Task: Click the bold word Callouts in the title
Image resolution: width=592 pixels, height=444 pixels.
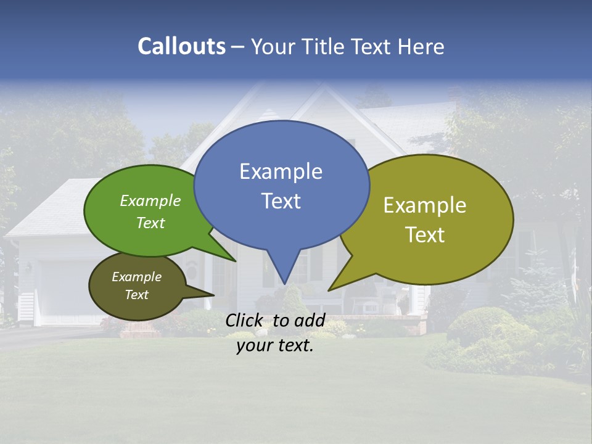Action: click(181, 46)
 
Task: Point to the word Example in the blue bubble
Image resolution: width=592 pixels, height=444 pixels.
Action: click(281, 171)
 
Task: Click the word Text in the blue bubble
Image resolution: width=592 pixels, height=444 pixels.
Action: click(281, 201)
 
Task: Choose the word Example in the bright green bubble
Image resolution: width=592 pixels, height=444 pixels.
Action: click(150, 201)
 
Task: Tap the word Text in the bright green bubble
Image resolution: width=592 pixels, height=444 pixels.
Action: click(150, 223)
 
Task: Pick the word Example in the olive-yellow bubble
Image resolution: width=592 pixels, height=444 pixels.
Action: click(425, 205)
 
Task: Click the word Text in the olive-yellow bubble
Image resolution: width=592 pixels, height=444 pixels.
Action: click(425, 235)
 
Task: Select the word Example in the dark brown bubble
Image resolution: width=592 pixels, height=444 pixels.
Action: click(136, 277)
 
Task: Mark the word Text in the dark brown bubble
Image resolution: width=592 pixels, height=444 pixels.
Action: click(136, 295)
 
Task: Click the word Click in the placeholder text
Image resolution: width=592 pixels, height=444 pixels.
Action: click(245, 321)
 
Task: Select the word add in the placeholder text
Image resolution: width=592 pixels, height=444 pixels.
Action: click(310, 321)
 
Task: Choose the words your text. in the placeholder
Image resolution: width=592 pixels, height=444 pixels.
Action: click(275, 346)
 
